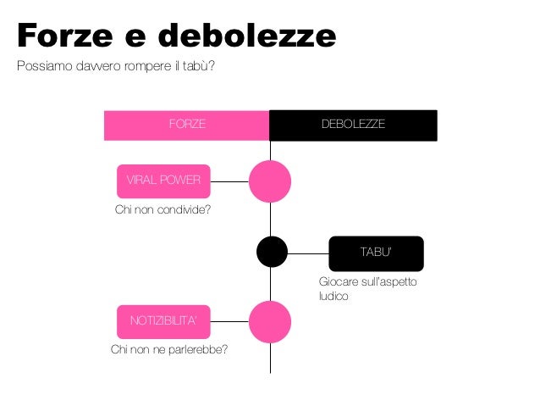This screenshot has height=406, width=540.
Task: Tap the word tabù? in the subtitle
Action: click(199, 67)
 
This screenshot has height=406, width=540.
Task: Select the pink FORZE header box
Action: click(186, 125)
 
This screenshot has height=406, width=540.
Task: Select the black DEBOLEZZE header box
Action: click(353, 125)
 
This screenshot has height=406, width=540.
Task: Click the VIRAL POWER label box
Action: click(163, 180)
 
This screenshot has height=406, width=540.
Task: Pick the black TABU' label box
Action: click(375, 253)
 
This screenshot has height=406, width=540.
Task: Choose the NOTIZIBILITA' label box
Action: click(163, 320)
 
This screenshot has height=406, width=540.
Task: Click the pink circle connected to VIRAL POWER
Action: click(270, 181)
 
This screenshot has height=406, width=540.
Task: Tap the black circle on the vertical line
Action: click(272, 252)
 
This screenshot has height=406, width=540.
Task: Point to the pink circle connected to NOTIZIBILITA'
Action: click(270, 321)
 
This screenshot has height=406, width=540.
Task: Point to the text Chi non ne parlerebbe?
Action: click(169, 349)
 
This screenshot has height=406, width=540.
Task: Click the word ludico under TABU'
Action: click(333, 297)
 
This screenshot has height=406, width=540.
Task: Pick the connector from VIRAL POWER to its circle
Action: click(229, 181)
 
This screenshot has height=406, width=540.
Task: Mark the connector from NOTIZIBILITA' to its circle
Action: click(229, 321)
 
